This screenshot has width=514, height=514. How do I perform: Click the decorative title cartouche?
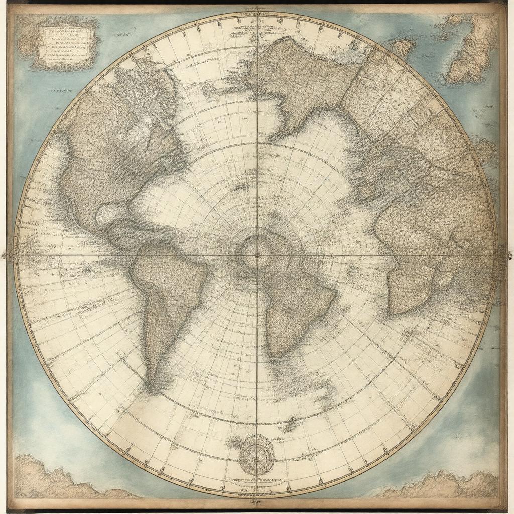[64, 44]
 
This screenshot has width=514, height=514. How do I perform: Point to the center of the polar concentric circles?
[256, 254]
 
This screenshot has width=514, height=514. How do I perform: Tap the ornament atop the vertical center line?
[256, 9]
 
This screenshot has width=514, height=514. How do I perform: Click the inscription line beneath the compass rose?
[256, 485]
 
